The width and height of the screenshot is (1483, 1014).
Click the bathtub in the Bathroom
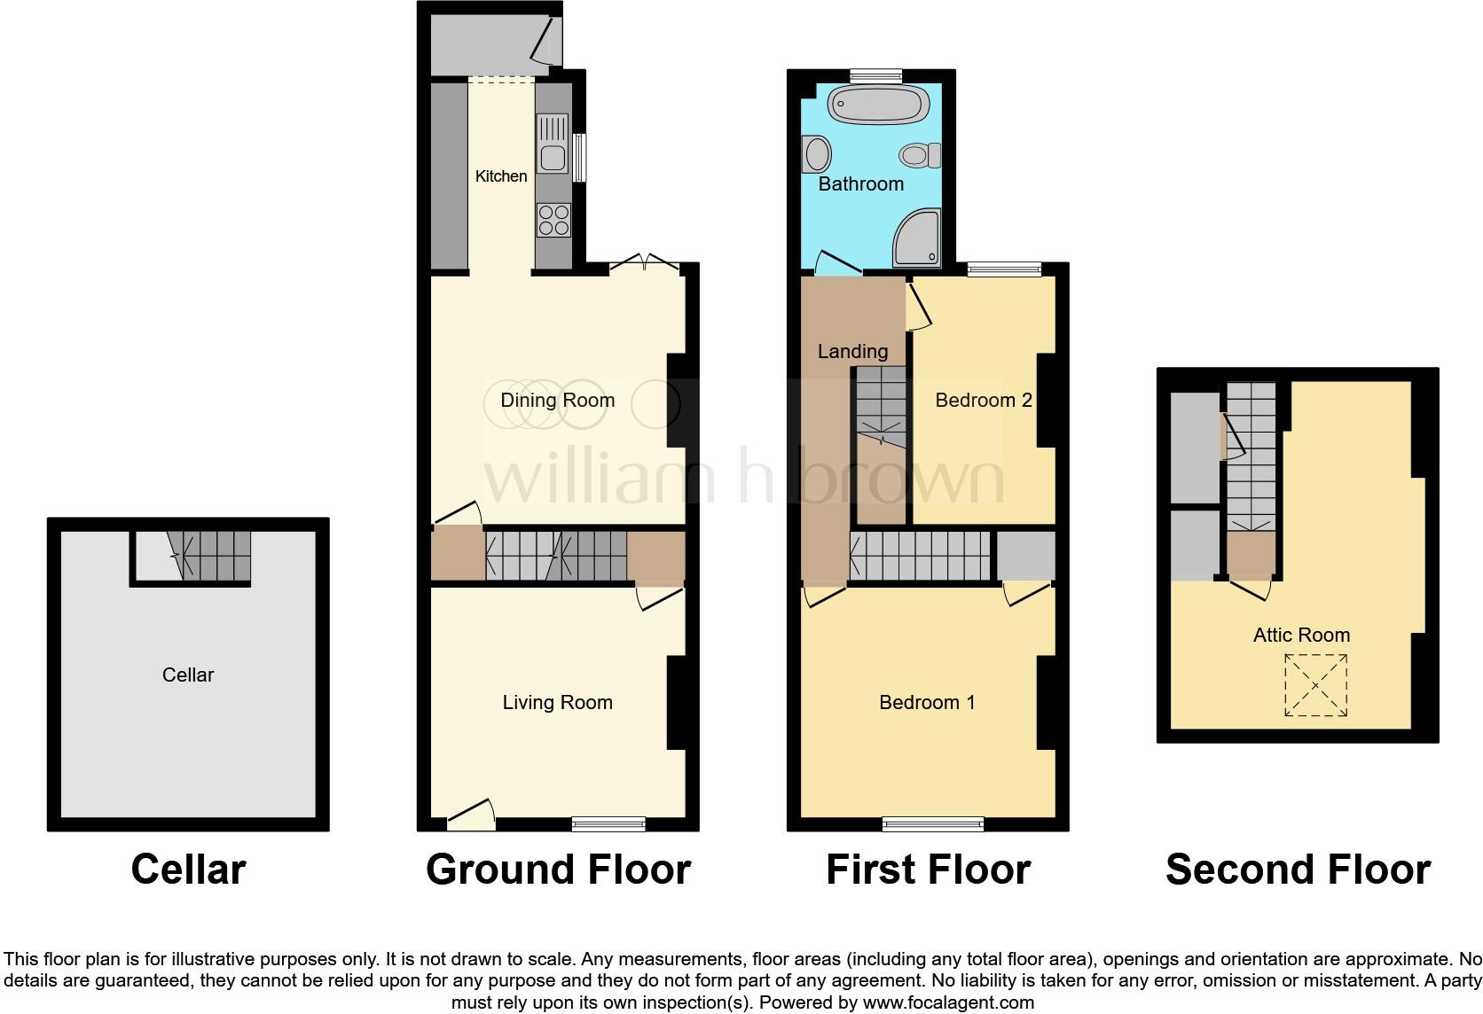877,105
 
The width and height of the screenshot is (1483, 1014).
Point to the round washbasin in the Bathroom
817,154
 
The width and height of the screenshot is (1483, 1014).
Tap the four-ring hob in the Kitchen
553,220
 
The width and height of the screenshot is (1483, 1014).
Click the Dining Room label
557,400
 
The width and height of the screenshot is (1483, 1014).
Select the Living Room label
557,703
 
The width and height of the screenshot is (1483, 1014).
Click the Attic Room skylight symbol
1315,685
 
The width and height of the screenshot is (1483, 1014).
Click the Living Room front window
608,823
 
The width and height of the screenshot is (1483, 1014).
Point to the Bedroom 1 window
933,824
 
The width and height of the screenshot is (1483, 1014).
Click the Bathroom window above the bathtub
876,76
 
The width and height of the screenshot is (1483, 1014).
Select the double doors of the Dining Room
645,262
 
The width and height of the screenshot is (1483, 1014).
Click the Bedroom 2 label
983,401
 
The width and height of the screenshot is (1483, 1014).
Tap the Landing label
852,352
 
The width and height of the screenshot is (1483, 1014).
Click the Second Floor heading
1298,870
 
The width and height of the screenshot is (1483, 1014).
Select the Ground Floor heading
558,870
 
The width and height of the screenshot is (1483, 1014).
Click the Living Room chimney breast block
677,703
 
